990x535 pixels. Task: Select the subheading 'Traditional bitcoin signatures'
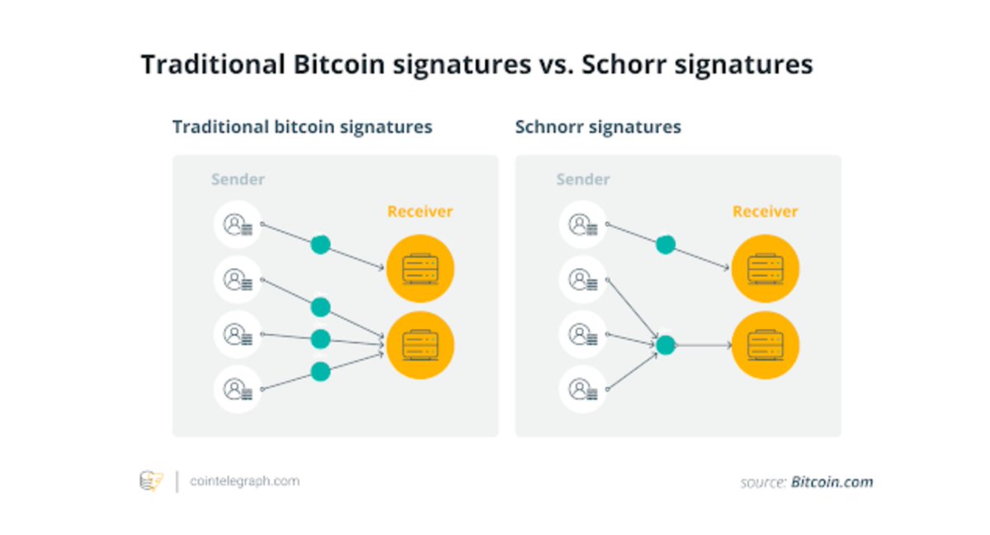(302, 127)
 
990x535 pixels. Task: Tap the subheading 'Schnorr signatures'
(598, 127)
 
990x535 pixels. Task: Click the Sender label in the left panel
(238, 180)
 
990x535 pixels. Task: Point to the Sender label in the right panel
(583, 180)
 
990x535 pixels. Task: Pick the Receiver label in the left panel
(420, 212)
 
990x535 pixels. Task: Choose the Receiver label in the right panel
(766, 212)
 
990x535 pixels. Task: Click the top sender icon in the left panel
(238, 224)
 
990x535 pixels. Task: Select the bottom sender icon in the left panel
(238, 388)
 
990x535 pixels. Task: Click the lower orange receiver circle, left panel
(421, 345)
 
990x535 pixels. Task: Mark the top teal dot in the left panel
(320, 245)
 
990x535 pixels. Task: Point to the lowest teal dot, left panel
(320, 372)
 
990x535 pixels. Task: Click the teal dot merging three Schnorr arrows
(665, 345)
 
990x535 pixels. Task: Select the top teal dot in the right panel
(665, 245)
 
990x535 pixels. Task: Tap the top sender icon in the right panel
(583, 224)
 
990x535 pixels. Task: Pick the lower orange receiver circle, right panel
(766, 345)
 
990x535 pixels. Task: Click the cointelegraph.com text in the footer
(244, 481)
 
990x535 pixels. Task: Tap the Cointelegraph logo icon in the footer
(151, 481)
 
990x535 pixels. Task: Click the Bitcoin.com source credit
(832, 482)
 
